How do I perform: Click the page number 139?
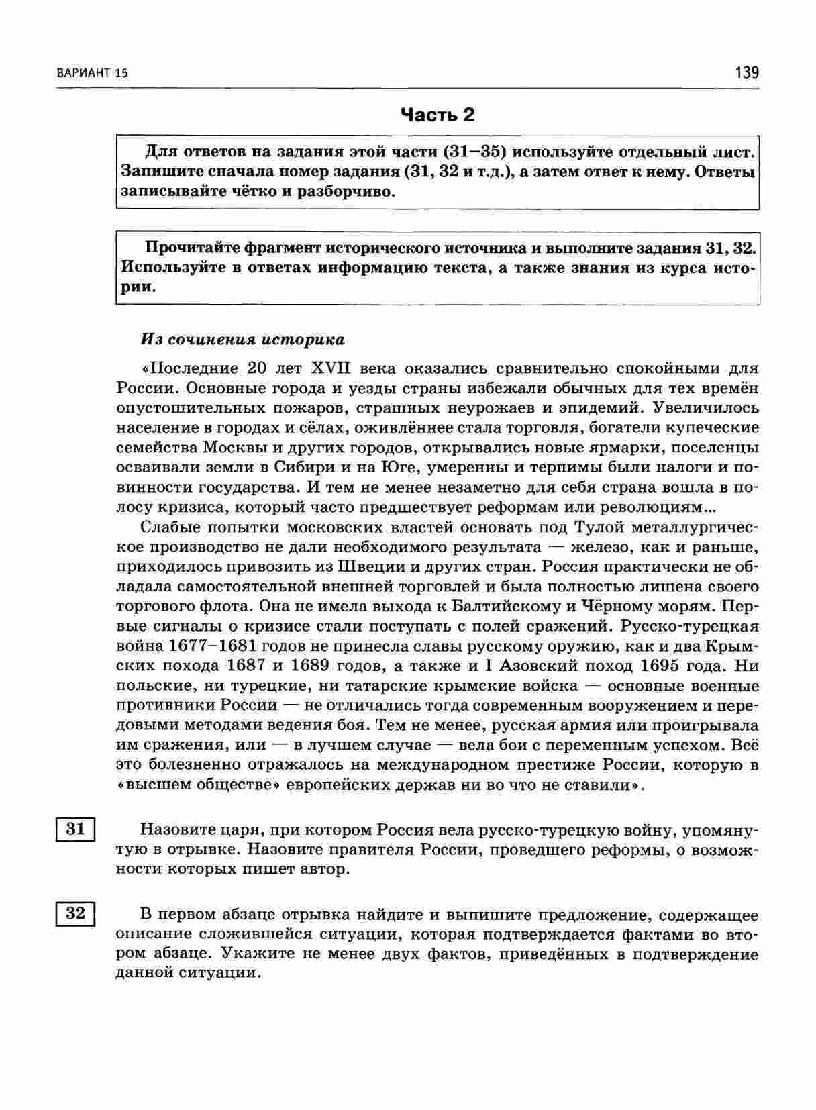coord(747,72)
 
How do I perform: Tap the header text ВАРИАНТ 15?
coord(88,73)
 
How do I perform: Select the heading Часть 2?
coord(438,115)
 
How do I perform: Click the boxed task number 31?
coord(75,829)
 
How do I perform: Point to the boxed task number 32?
coord(75,913)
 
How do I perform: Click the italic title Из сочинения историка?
coord(242,340)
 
